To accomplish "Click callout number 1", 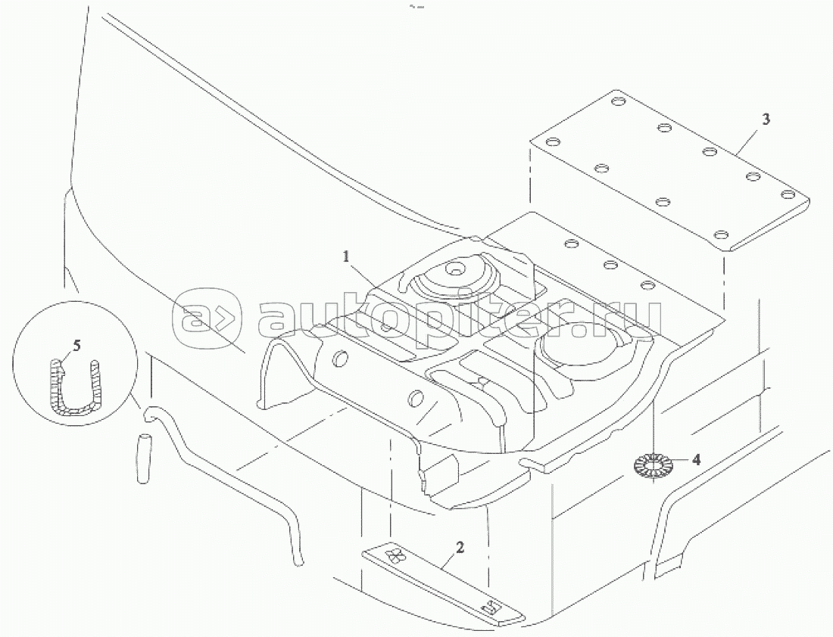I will point(347,256).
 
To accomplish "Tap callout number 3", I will point(766,120).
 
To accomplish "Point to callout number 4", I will point(696,458).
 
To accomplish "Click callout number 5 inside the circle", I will point(76,346).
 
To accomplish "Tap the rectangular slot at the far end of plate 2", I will point(490,607).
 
